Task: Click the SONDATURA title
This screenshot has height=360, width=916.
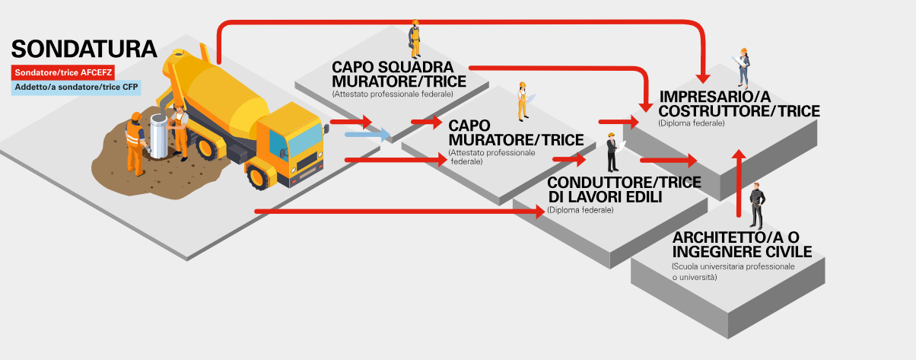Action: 84,49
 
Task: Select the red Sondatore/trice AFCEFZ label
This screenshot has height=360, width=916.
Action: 62,73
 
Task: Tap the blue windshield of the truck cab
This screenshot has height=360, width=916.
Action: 306,136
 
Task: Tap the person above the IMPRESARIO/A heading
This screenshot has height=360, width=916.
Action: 744,67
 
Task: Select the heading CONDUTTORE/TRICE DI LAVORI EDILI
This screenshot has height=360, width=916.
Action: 605,190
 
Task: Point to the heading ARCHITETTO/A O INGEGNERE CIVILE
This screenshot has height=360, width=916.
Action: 742,245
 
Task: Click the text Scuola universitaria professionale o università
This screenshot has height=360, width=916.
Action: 733,272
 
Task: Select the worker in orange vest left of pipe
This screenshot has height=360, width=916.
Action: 135,141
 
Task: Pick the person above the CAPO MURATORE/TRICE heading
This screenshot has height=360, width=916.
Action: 523,100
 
